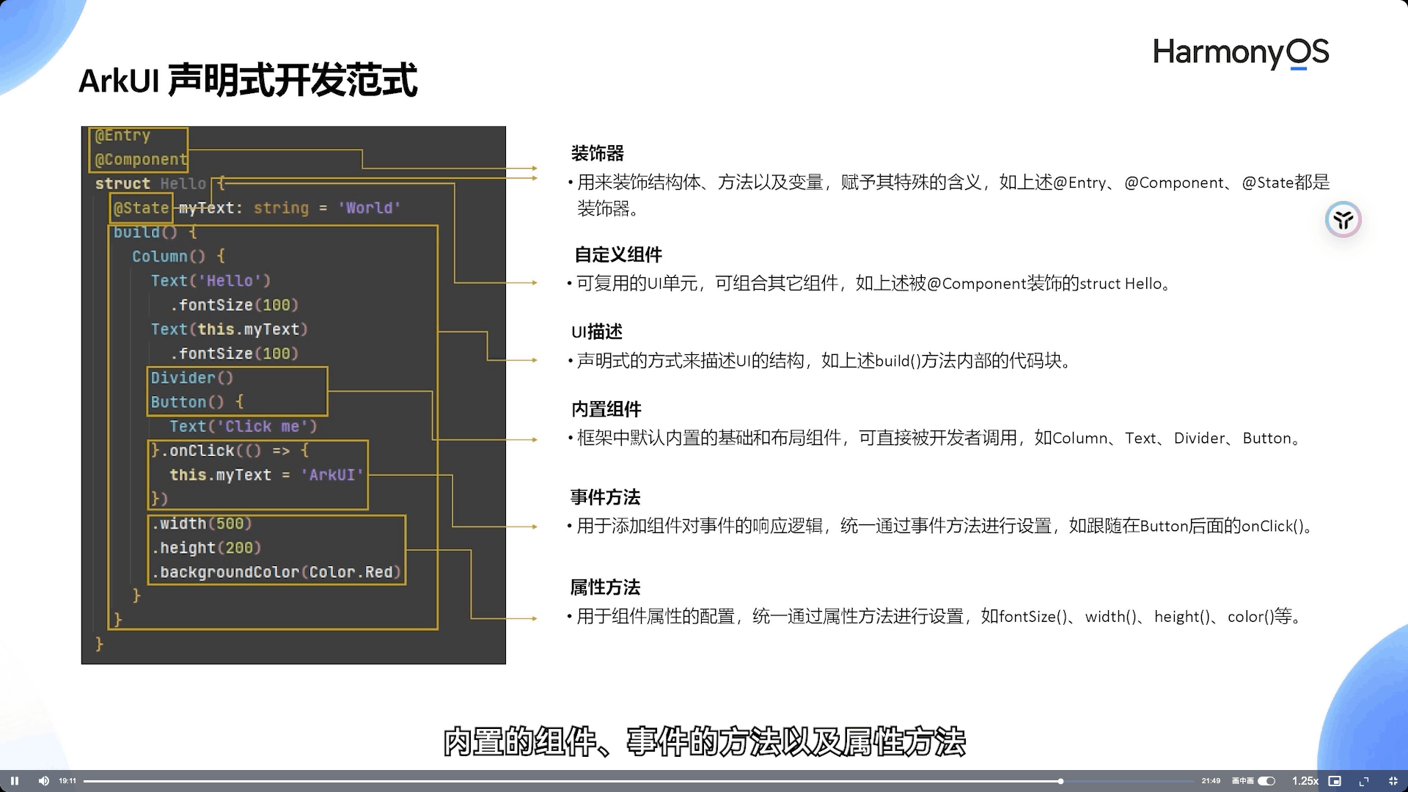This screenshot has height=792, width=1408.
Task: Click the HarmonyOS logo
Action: point(1240,53)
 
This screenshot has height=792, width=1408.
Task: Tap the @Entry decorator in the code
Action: point(122,136)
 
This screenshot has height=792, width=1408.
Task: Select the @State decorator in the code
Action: point(142,208)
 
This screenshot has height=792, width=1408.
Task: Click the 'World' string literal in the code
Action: point(369,208)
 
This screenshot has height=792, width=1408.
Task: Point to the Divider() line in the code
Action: point(191,378)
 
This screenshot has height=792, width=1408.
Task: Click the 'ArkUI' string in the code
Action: point(332,475)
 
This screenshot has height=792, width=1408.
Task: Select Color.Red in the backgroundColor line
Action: point(354,573)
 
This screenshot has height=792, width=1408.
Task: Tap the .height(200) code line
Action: point(207,548)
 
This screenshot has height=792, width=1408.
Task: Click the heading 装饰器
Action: point(597,154)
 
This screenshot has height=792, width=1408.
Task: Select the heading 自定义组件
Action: point(617,255)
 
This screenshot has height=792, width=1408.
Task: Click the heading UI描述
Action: point(596,332)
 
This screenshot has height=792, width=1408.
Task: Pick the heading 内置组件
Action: point(606,409)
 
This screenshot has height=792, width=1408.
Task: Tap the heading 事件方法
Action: point(605,498)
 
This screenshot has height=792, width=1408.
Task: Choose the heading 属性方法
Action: point(605,587)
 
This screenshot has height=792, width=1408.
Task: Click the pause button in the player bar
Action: point(15,781)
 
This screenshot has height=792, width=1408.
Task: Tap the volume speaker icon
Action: point(43,781)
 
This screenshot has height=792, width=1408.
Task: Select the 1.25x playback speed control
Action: point(1305,781)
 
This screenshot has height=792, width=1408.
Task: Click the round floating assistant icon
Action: point(1343,219)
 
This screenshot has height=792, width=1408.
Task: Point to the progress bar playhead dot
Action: point(1060,781)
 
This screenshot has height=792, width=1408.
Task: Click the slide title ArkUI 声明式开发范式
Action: point(248,81)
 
